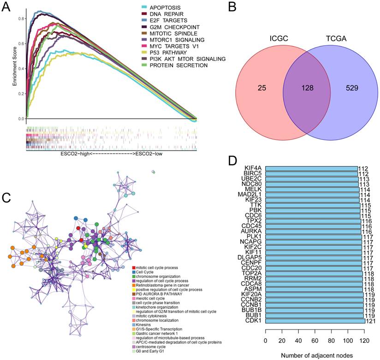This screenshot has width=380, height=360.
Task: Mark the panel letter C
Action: click(6, 198)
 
